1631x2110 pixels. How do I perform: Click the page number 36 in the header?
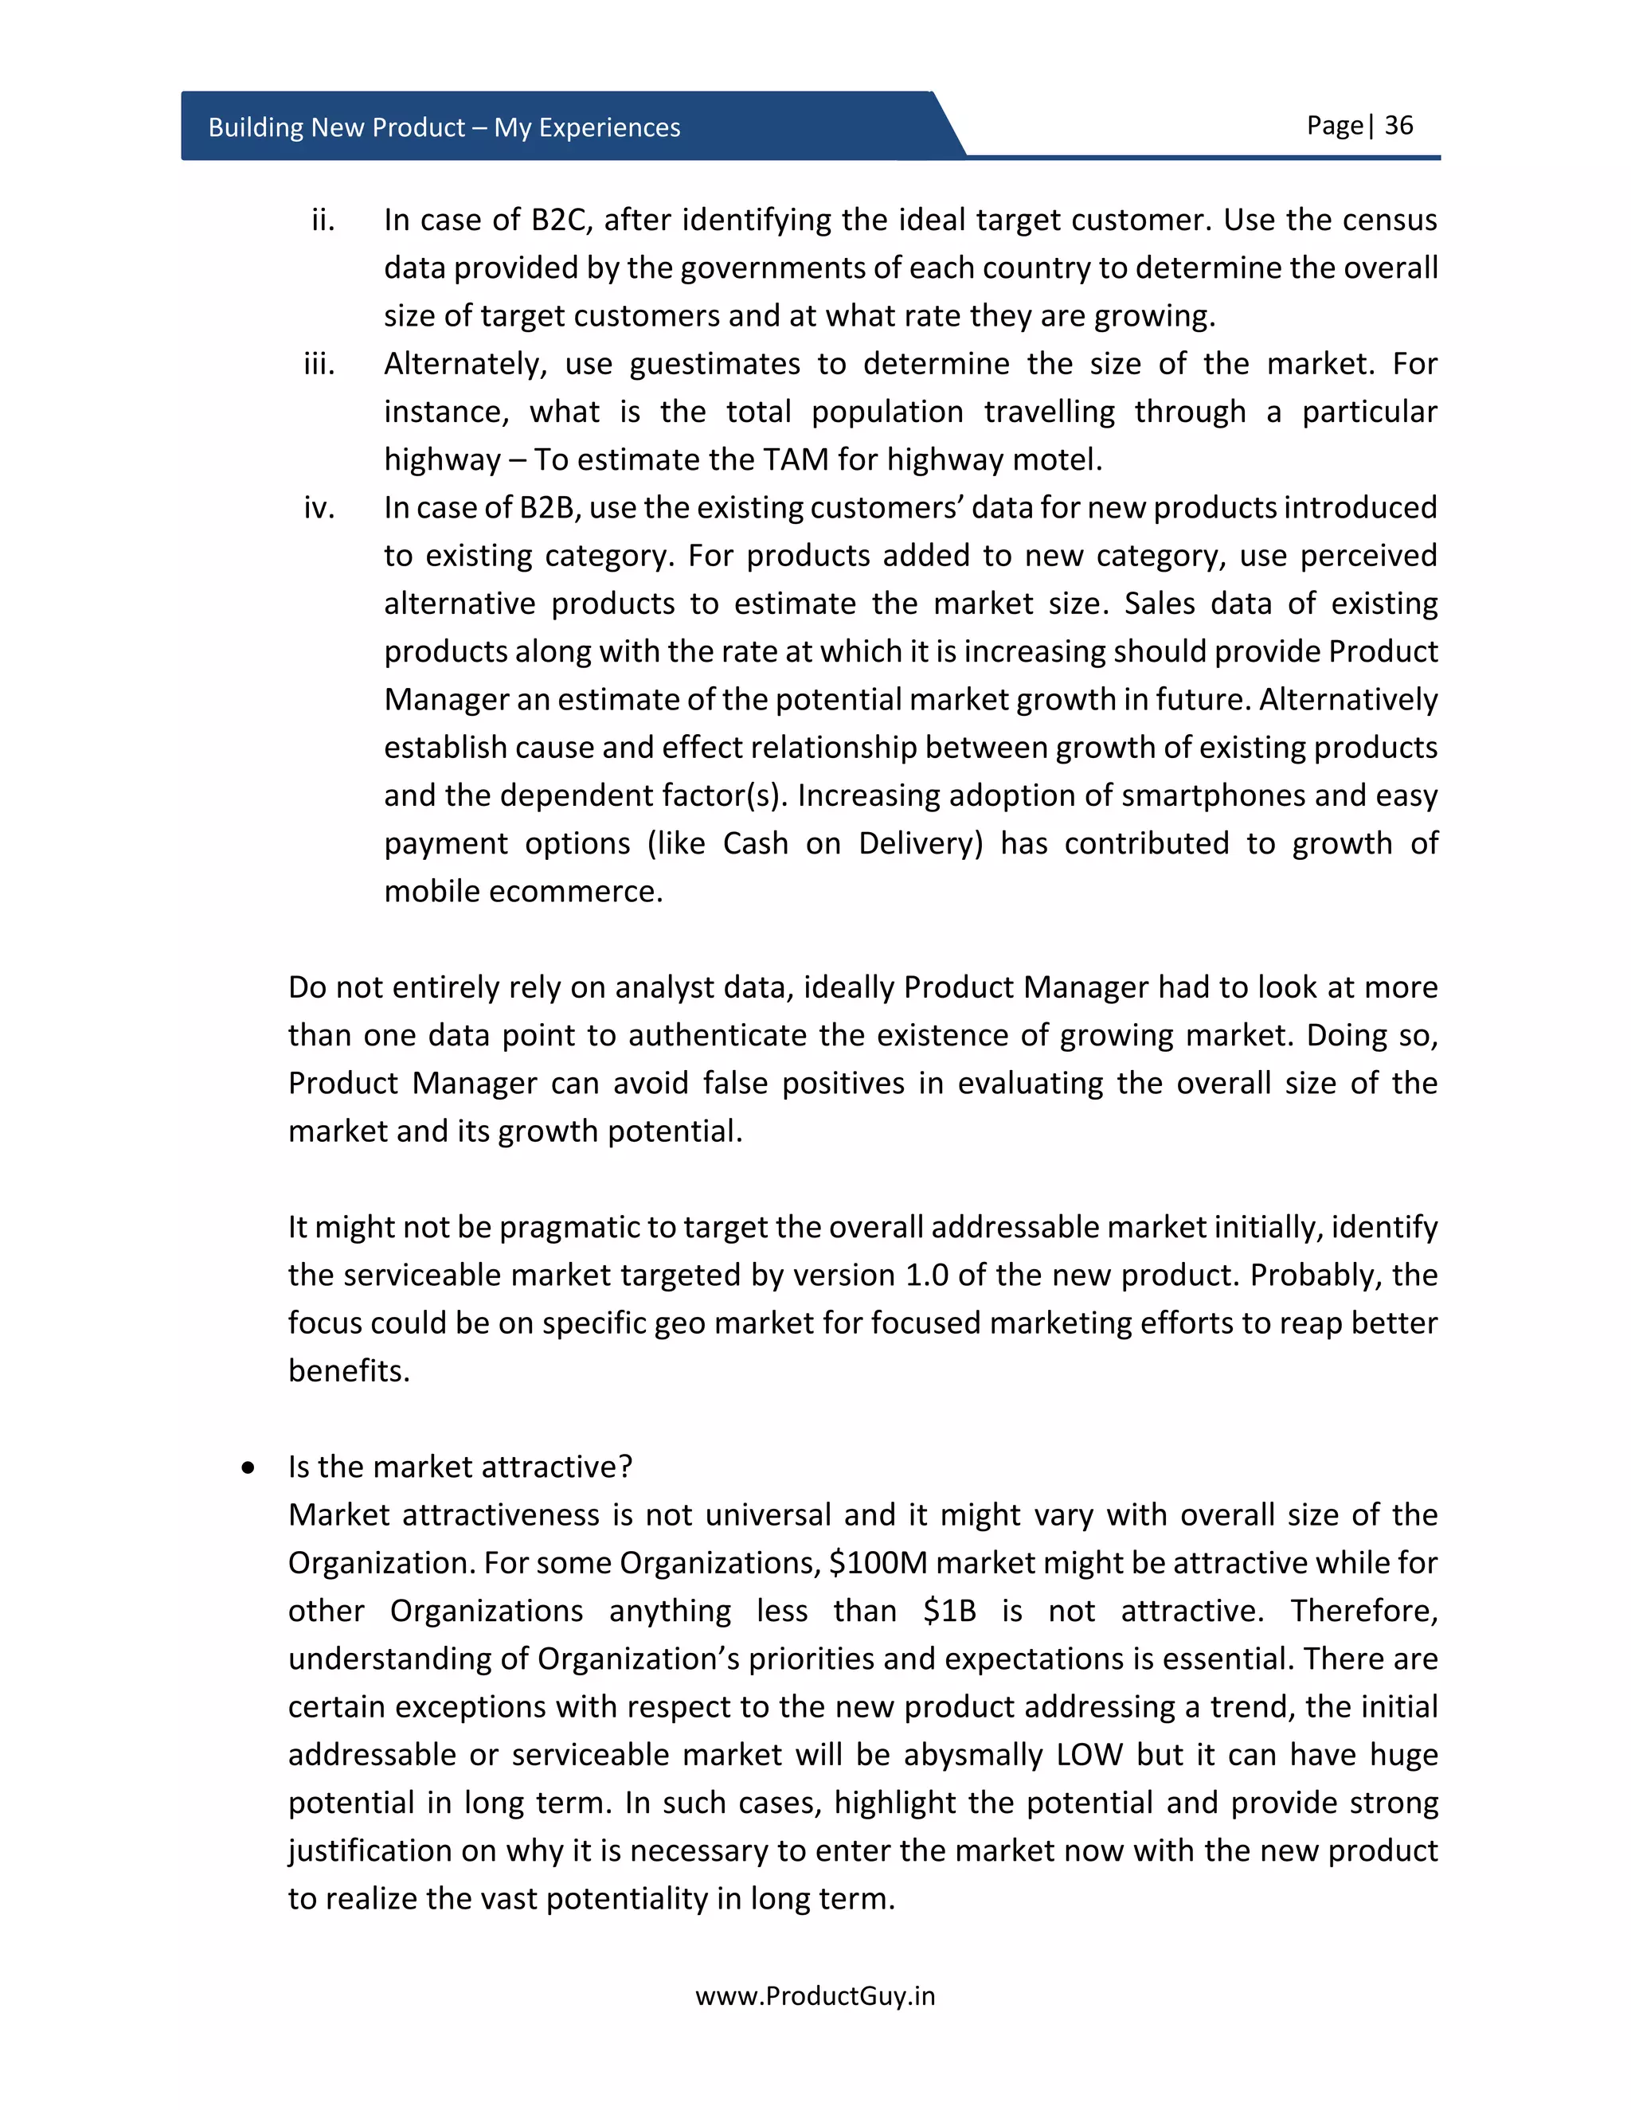point(1398,126)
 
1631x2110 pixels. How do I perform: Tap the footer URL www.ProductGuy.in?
point(815,1996)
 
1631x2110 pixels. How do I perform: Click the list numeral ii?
point(323,221)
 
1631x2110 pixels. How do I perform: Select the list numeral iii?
point(319,364)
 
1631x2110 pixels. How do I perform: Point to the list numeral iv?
point(319,508)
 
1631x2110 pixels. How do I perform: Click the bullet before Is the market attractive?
point(249,1468)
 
